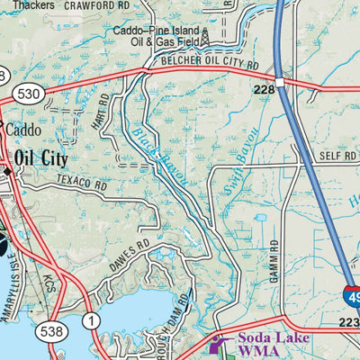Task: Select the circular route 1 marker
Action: pyautogui.click(x=90, y=320)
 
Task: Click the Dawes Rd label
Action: pyautogui.click(x=131, y=249)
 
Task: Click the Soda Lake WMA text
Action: pyautogui.click(x=273, y=345)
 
